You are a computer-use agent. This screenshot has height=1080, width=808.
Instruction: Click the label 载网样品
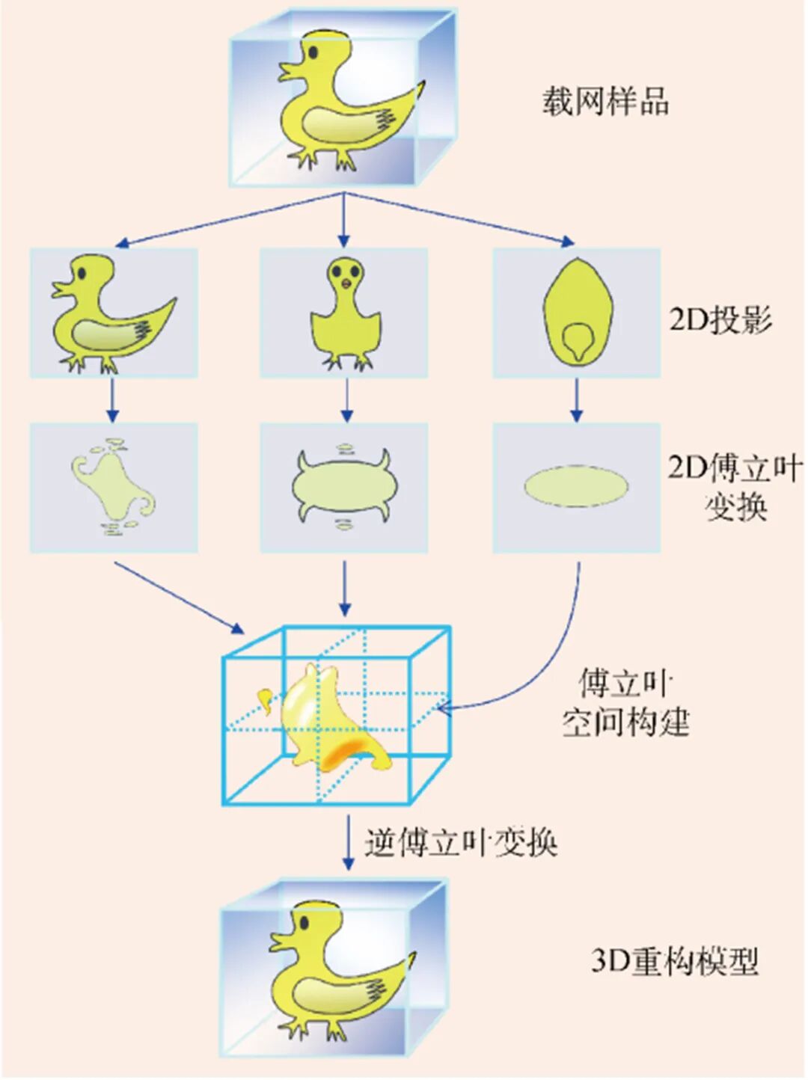click(x=605, y=101)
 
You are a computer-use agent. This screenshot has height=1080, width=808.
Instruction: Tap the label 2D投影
click(x=720, y=319)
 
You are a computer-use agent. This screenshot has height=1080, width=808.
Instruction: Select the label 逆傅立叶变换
click(x=462, y=843)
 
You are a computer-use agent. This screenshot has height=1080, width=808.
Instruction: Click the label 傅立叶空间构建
click(x=625, y=703)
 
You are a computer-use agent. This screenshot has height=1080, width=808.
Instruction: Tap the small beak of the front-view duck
click(x=345, y=283)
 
